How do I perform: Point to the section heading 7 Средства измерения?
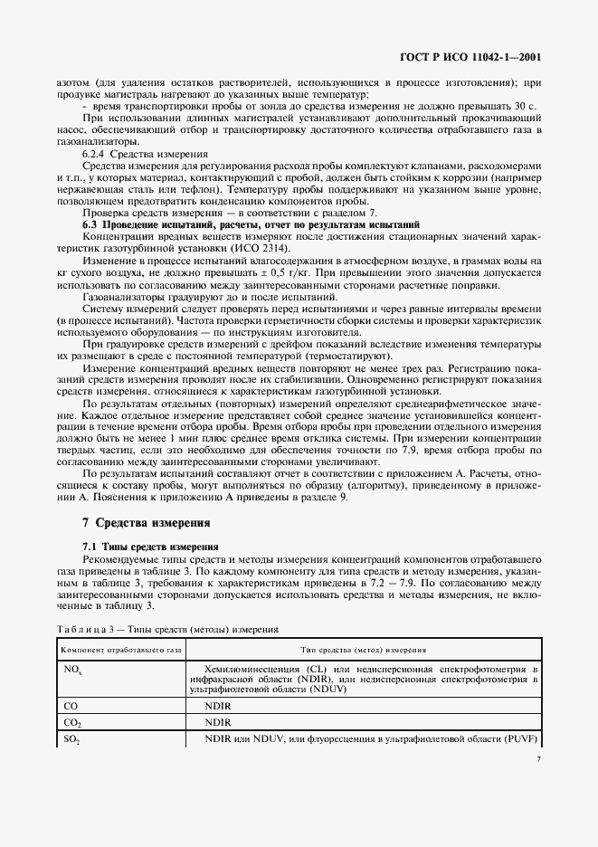tap(146, 522)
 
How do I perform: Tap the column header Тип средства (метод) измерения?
tap(364, 651)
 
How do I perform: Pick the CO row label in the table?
tap(71, 705)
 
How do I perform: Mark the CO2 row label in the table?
tap(72, 723)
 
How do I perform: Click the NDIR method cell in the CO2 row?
tap(219, 723)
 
